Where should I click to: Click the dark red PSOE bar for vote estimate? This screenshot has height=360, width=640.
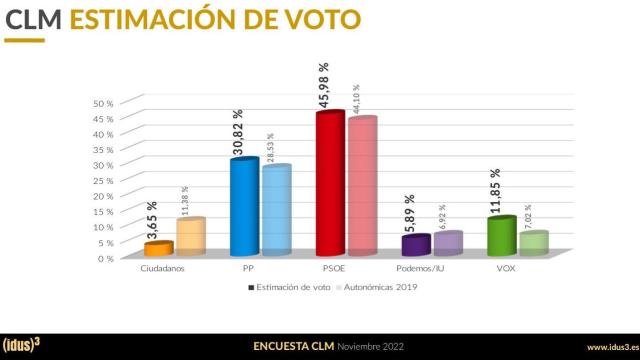point(329,185)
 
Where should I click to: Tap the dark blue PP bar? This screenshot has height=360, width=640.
point(244,208)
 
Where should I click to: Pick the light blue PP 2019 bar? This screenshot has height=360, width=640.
point(276,212)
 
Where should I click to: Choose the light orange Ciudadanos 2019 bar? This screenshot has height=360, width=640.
point(190,238)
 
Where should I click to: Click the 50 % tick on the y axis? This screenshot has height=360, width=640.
point(104,103)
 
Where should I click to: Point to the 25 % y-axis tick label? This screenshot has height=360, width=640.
point(104,180)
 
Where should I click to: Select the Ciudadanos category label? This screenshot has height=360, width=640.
point(161,270)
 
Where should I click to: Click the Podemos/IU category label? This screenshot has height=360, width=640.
point(422,270)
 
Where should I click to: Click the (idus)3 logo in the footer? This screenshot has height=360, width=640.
point(25,347)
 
